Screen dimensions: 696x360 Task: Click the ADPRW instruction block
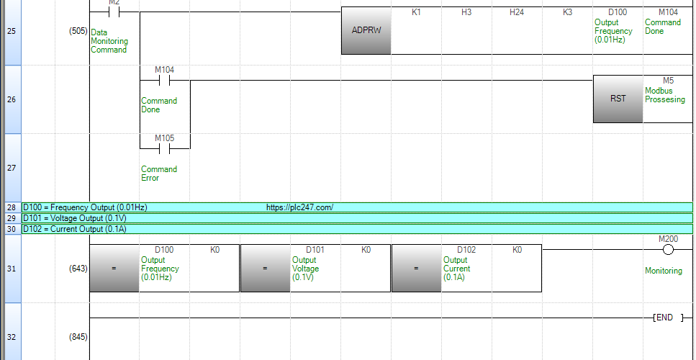coord(366,31)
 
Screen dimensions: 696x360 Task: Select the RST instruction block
coord(618,99)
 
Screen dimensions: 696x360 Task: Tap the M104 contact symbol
coord(164,81)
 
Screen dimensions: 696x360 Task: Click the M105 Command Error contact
coord(164,149)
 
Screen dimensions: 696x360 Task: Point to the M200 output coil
coord(668,250)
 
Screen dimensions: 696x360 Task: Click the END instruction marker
coord(668,318)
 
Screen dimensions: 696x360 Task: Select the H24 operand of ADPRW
coord(517,12)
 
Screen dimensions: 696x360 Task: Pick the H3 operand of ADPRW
coord(466,12)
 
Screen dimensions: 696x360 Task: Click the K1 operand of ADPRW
coord(416,12)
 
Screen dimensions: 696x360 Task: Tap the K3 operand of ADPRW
coord(567,12)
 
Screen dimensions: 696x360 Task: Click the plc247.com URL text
coord(299,207)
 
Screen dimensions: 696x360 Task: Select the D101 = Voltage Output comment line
coord(75,218)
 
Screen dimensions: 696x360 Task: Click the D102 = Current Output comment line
coord(75,229)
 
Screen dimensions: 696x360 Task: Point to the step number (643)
coord(78,269)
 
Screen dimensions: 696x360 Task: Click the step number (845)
coord(78,337)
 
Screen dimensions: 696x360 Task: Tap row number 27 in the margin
coord(11,168)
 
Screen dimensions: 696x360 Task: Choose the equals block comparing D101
coord(265,268)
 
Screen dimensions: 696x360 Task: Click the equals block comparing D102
coord(416,268)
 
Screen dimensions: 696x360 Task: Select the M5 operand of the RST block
coord(668,81)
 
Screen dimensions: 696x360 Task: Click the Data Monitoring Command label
coord(109,41)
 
